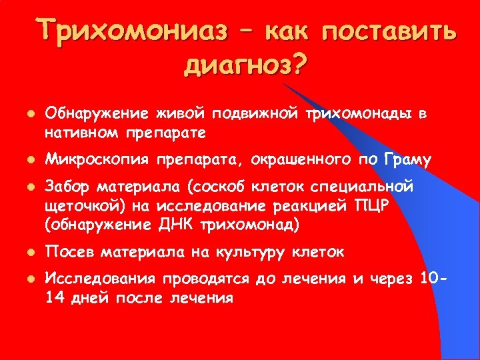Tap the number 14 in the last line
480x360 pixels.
pyautogui.click(x=54, y=298)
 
